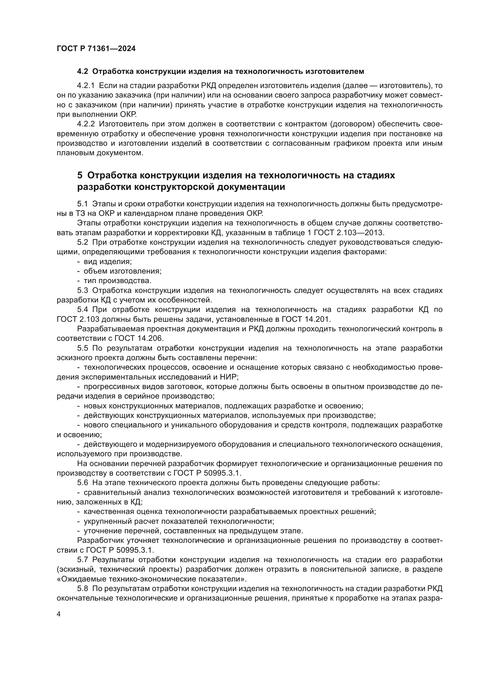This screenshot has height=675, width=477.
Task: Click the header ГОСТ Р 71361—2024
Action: pos(96,49)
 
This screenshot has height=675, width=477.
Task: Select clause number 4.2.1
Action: pos(86,86)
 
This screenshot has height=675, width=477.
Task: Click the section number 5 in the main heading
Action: pos(80,175)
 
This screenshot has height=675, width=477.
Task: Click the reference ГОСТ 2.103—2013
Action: pos(349,233)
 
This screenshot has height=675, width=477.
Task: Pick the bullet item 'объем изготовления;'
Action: pos(123,271)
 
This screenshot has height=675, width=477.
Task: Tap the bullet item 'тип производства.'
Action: pos(117,281)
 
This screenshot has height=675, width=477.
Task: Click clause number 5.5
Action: pos(82,348)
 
